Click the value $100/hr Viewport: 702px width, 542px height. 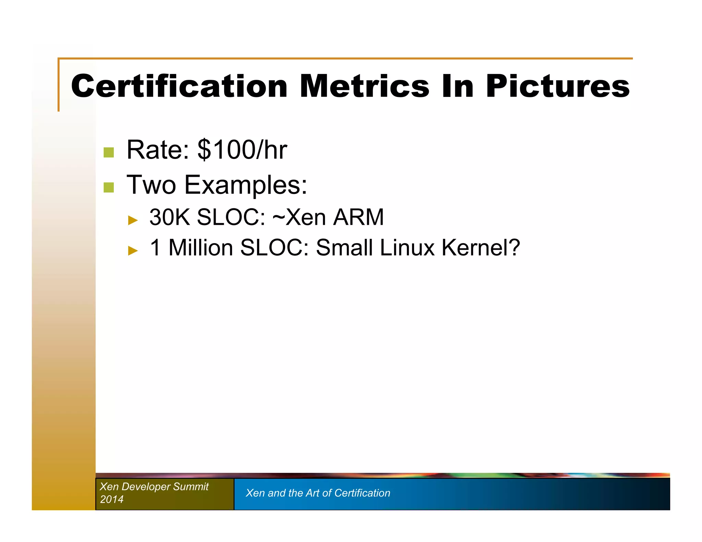tap(242, 150)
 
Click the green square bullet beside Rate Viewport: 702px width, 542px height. tap(109, 152)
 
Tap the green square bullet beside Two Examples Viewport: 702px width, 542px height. tap(109, 187)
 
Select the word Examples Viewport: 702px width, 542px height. tap(245, 185)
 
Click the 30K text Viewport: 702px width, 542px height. tap(169, 217)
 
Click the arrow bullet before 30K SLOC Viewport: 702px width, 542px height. tap(133, 220)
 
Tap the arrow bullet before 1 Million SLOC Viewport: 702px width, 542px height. tap(133, 250)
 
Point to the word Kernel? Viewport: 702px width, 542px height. tap(481, 247)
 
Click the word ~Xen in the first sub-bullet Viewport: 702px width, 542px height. tap(299, 217)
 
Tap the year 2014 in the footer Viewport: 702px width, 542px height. tap(112, 499)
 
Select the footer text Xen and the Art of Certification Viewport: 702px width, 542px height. tap(318, 493)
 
